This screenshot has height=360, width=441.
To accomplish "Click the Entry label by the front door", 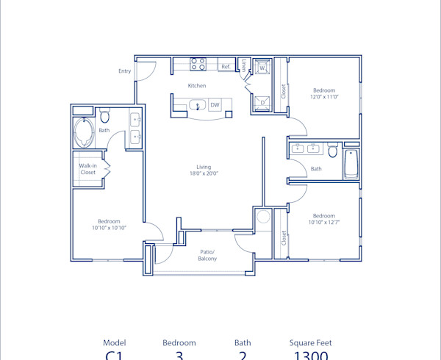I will coord(125,71).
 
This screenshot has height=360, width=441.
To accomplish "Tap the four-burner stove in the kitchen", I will coord(198,65).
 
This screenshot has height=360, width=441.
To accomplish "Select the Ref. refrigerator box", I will coord(226,67).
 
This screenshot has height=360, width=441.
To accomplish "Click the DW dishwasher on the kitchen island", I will coord(215,105).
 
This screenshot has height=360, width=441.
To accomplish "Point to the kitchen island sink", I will coord(196,106).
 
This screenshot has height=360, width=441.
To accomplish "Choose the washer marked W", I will coord(262,68).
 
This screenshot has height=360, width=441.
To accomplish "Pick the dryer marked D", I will coord(262,102).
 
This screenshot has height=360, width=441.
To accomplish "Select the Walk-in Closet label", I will coord(88,169).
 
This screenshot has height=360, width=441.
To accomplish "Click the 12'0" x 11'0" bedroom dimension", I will coord(323,97).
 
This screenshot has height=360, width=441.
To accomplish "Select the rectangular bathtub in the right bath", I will coord(351,164).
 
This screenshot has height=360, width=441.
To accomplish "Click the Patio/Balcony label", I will coord(207,255).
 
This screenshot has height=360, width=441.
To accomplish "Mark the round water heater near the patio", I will coord(263,217).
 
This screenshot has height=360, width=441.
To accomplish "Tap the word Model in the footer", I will coord(114,342).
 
